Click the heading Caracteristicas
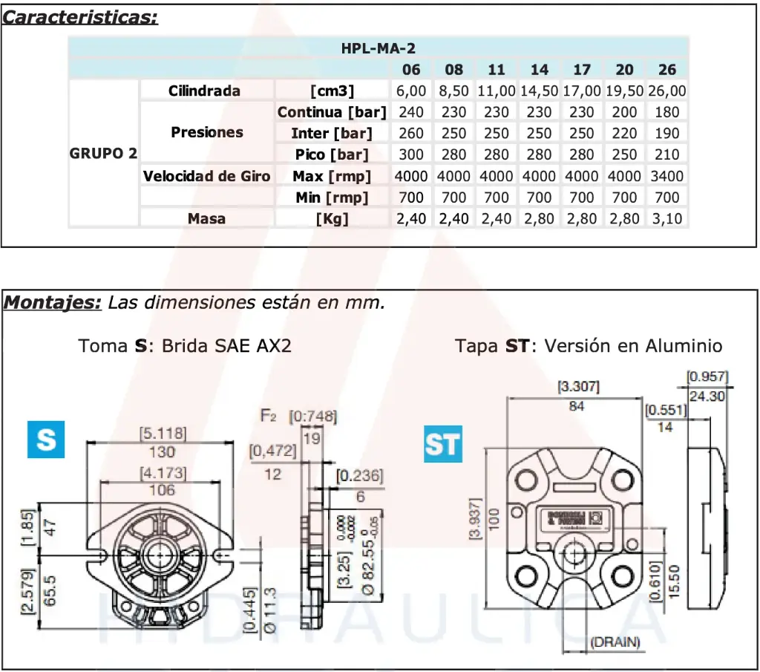[x=80, y=17]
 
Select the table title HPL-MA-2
[x=379, y=49]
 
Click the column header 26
[x=667, y=70]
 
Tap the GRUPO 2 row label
[x=103, y=154]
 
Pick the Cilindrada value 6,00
[x=411, y=91]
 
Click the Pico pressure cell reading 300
[x=411, y=154]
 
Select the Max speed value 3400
[x=667, y=176]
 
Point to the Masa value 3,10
[x=667, y=218]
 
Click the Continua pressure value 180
[x=667, y=112]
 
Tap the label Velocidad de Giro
[x=207, y=176]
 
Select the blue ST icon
[x=442, y=444]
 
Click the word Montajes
[x=52, y=303]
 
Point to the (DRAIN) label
[x=615, y=642]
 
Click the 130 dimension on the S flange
[x=162, y=451]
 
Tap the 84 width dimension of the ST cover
[x=577, y=406]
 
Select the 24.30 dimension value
[x=707, y=397]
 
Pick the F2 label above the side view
[x=269, y=415]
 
